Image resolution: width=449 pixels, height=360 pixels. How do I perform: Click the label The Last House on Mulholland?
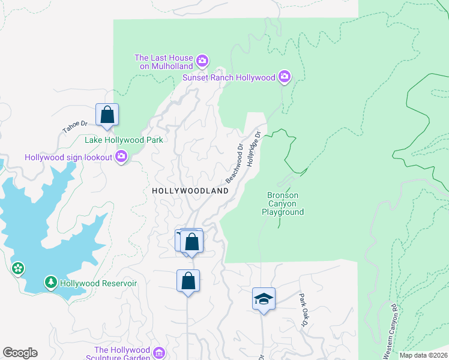coord(163,62)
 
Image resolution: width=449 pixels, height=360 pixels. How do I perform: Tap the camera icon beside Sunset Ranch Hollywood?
coord(285,77)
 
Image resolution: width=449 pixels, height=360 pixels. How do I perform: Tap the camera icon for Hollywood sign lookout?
coord(121,157)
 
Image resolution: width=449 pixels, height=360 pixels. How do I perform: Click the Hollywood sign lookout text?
coord(68,157)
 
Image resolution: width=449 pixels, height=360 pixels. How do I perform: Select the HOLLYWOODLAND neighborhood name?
coord(190,190)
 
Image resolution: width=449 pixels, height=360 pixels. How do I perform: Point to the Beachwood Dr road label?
coord(235,163)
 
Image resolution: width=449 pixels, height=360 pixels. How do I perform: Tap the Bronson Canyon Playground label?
coord(282,203)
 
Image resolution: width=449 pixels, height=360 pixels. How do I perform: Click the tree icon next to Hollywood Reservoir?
coord(51,282)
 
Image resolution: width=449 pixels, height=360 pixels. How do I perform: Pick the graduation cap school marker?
coord(263,298)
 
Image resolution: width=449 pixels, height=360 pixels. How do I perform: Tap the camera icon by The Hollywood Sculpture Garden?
coord(159,352)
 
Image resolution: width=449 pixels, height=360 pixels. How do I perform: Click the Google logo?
coord(20,353)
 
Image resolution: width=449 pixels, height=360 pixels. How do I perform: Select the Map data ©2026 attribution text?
coord(423,355)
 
